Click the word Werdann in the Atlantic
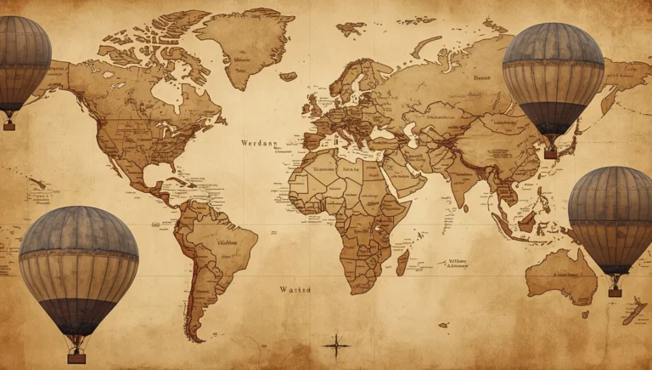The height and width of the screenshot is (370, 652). (x=260, y=143)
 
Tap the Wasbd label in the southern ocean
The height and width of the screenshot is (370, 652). (x=295, y=289)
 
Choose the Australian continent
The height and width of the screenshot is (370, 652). (x=561, y=274)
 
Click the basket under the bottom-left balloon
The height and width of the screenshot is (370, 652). (x=77, y=358)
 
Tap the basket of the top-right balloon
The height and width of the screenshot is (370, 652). (x=551, y=153)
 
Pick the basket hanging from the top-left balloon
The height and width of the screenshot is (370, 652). (x=9, y=124)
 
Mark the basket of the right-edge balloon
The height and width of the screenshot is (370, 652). (x=615, y=291)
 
